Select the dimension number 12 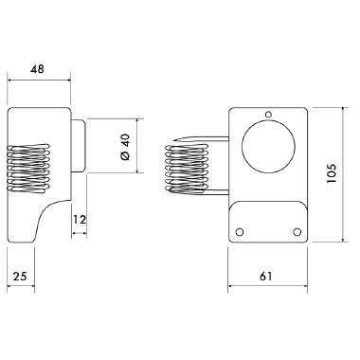pyautogui.click(x=80, y=220)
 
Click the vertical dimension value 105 pyautogui.click(x=331, y=174)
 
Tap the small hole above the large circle pyautogui.click(x=268, y=117)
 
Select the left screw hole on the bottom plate pyautogui.click(x=241, y=229)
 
